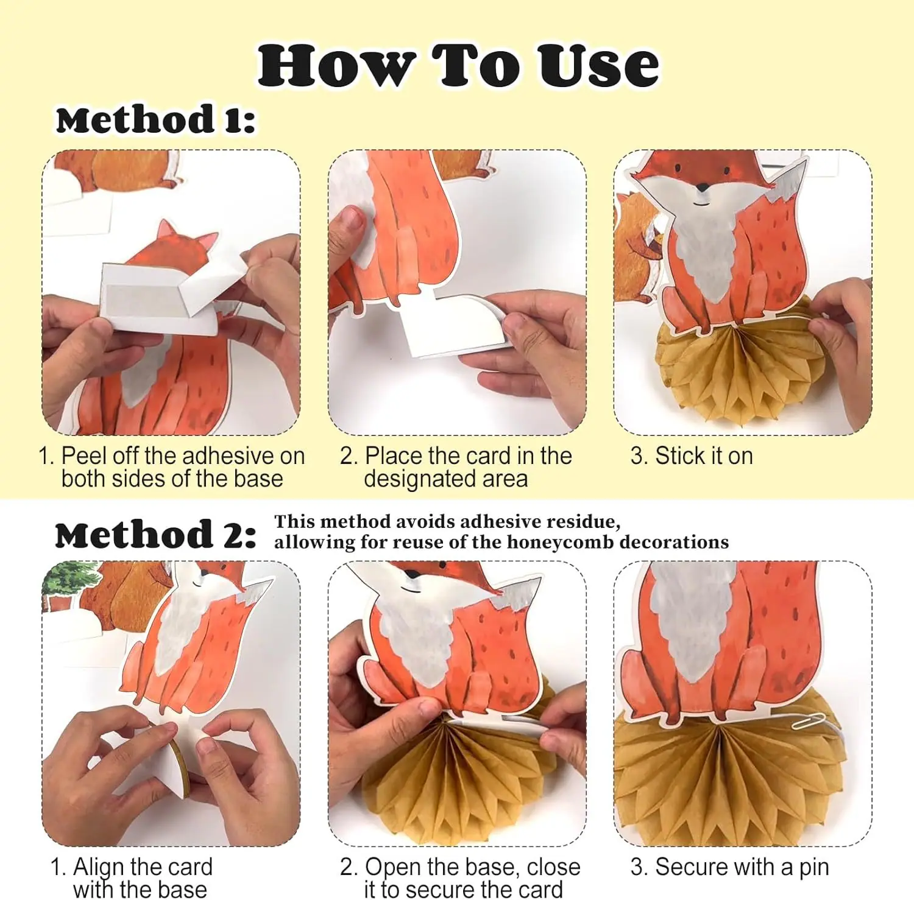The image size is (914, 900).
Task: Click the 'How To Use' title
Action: coord(458,65)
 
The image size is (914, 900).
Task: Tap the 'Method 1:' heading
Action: coord(155,119)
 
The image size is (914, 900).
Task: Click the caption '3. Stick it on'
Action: coord(692,455)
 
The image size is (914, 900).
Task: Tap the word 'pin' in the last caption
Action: coord(813,868)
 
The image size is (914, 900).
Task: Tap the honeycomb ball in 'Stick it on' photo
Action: coord(740,359)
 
